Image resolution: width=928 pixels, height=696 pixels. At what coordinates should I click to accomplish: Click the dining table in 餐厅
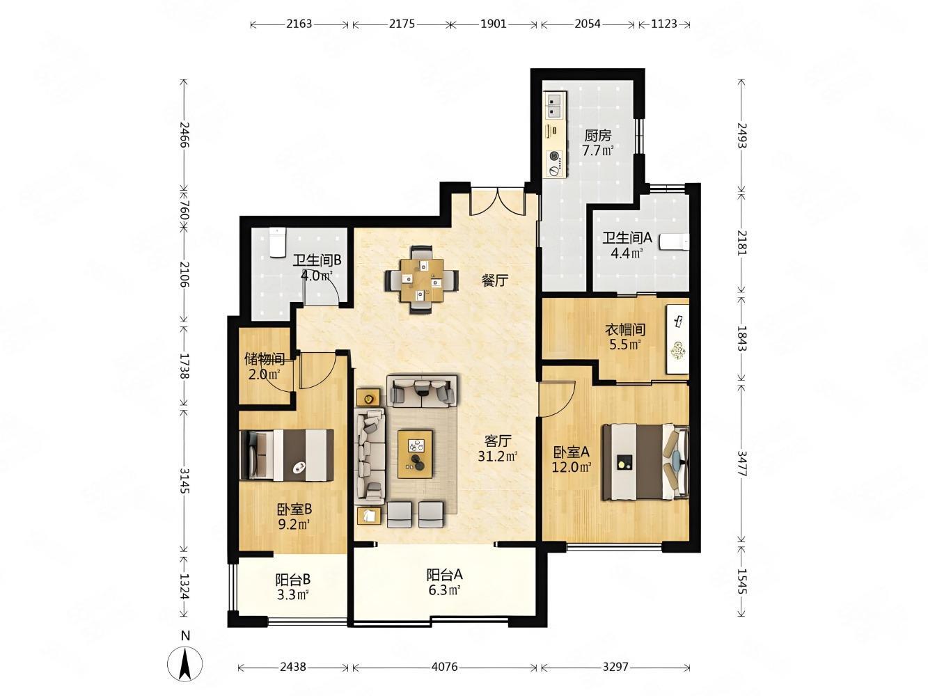[421, 280]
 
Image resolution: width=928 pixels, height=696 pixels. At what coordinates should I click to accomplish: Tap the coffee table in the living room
[415, 454]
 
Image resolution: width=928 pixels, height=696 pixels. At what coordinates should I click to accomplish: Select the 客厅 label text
[497, 441]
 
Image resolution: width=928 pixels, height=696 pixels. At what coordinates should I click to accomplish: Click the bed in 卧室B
[287, 455]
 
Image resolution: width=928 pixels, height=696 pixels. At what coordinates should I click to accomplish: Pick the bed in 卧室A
[645, 462]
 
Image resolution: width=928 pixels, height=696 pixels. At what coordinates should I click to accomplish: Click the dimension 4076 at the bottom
[445, 667]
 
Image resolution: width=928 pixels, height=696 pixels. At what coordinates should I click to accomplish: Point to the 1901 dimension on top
[494, 24]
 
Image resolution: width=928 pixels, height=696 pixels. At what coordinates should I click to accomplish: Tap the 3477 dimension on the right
[742, 464]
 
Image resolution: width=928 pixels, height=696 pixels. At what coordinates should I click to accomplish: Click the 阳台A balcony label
[444, 575]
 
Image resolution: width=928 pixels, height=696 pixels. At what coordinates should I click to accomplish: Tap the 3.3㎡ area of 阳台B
[292, 594]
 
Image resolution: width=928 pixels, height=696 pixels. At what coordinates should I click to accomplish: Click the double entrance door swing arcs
[498, 203]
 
